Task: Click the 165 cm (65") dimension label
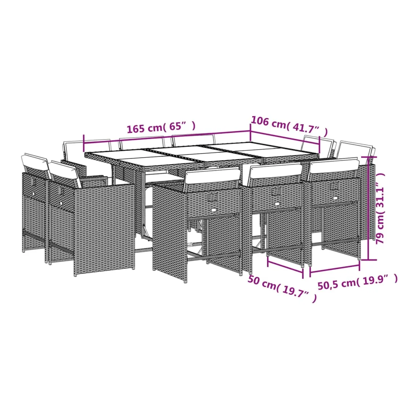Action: (161, 128)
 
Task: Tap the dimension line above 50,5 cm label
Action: (335, 269)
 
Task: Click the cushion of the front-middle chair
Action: (275, 171)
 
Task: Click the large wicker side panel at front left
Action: (104, 230)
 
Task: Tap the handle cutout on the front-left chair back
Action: (213, 197)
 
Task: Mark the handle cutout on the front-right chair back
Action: (334, 186)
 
